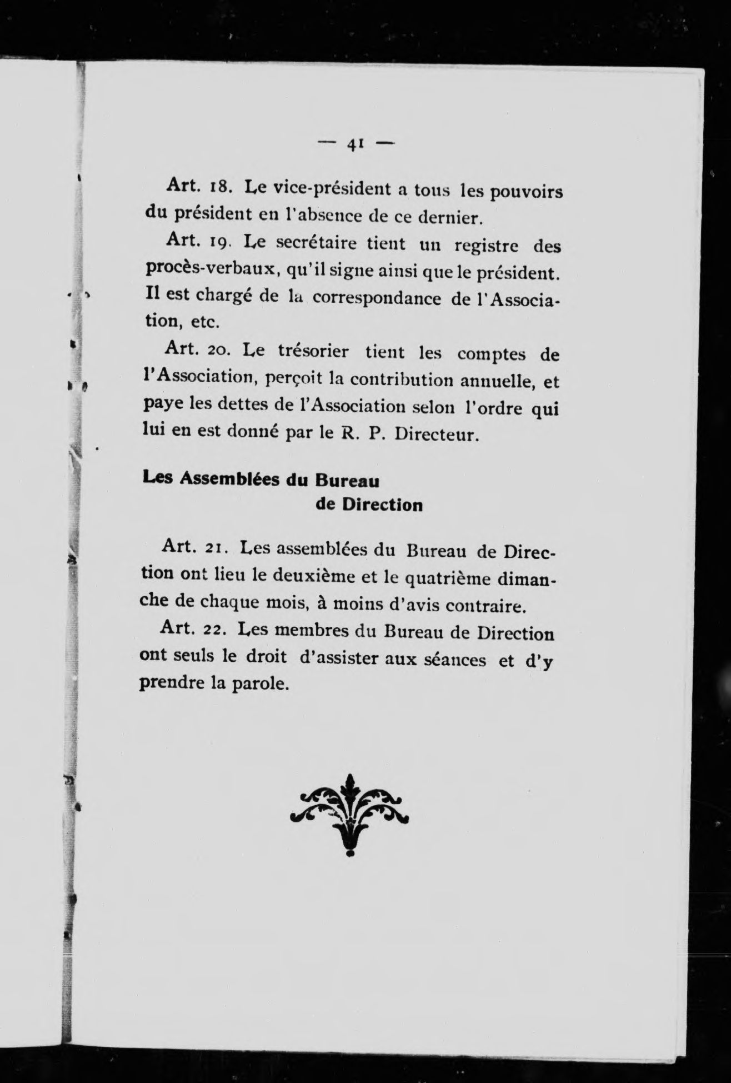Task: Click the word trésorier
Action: click(314, 352)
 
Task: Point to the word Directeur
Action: click(437, 433)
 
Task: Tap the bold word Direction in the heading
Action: click(382, 505)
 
